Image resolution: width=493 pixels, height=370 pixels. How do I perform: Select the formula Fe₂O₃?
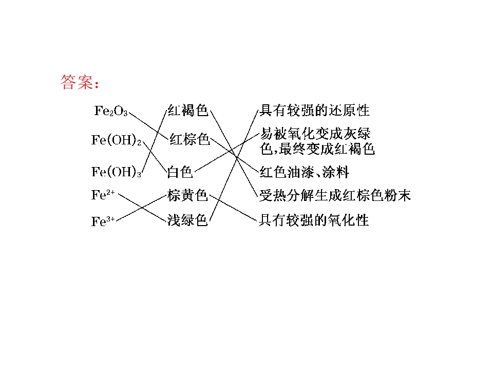click(111, 111)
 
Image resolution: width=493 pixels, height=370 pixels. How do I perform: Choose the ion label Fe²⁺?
click(103, 195)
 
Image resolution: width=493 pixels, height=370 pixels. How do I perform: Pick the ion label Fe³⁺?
click(103, 221)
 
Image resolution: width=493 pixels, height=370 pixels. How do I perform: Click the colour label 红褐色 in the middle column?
click(188, 110)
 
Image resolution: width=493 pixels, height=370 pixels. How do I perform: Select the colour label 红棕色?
click(189, 139)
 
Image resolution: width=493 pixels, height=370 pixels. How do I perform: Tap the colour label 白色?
click(180, 172)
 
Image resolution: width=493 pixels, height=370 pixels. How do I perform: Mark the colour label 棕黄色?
click(187, 195)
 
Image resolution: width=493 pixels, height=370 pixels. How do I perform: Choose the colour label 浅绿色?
click(187, 220)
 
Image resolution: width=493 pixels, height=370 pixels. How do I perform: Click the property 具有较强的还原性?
click(314, 110)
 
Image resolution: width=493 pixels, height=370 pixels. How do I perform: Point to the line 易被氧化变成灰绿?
click(315, 134)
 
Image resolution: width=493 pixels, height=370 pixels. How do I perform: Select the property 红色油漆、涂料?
click(305, 172)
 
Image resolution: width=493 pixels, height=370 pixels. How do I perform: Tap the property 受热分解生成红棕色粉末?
click(335, 195)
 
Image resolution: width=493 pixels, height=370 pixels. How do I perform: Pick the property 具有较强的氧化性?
click(314, 220)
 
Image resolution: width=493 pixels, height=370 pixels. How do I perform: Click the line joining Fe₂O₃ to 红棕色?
click(149, 126)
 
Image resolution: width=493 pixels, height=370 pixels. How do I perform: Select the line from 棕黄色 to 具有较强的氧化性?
click(233, 208)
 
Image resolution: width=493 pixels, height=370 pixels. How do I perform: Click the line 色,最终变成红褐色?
click(317, 149)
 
